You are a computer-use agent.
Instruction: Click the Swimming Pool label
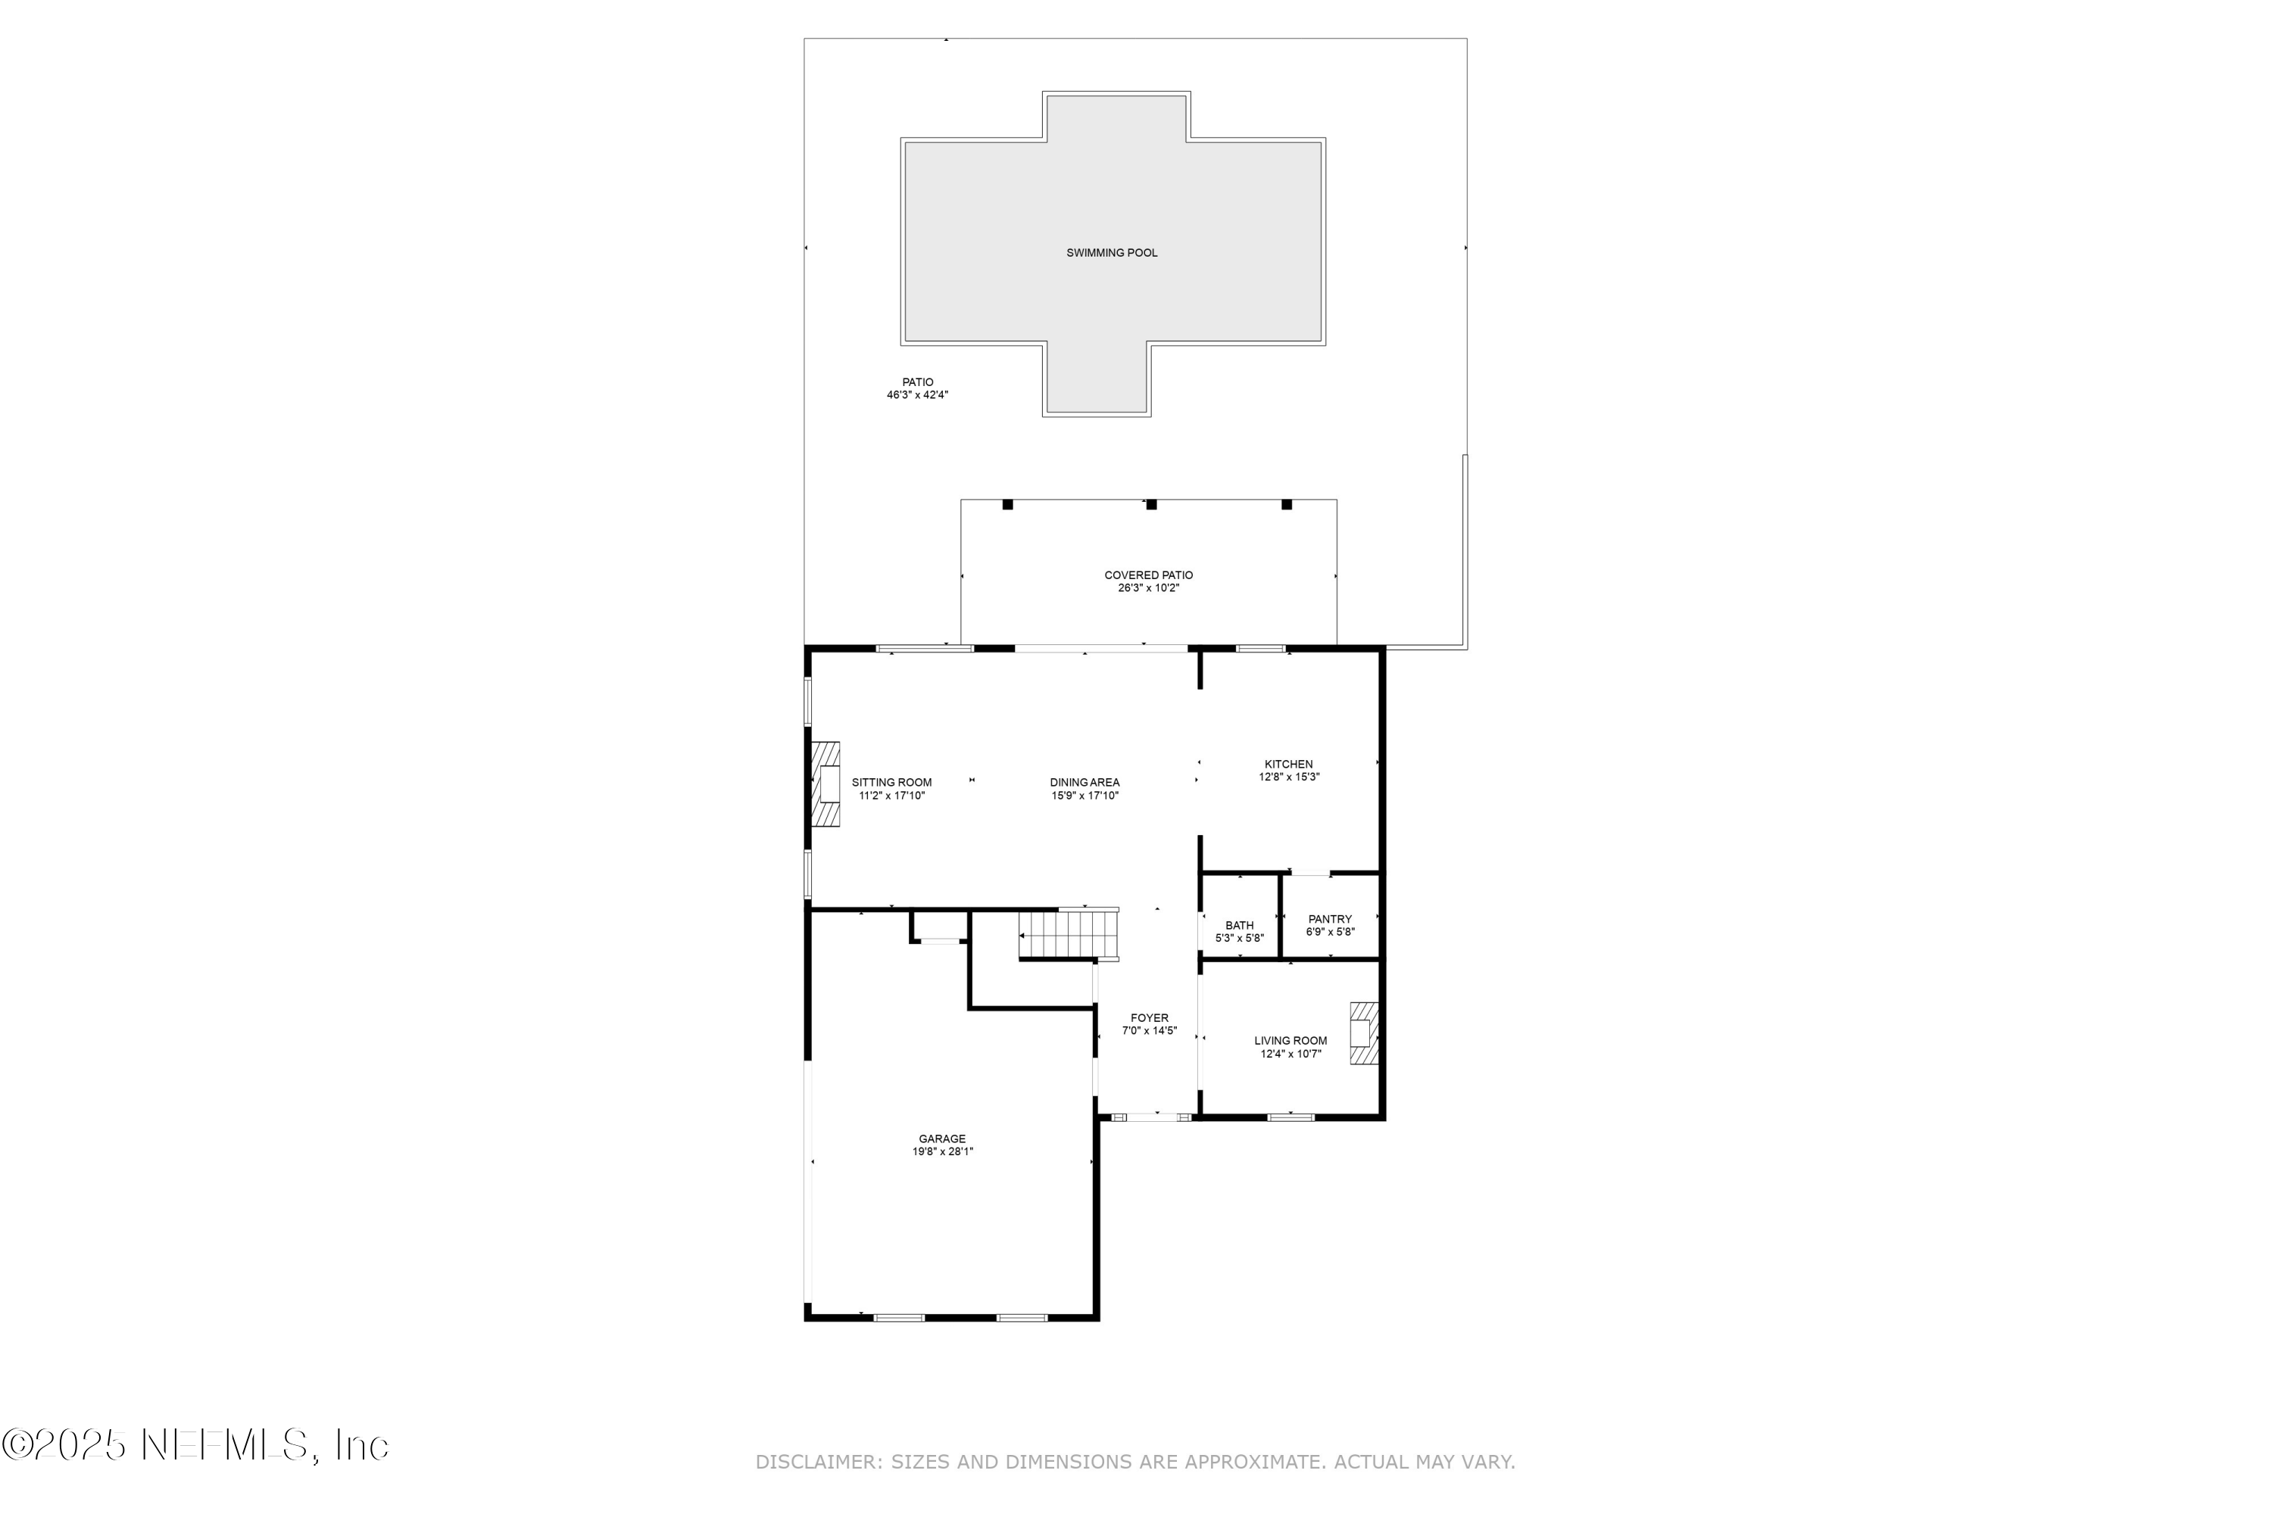[x=1111, y=253]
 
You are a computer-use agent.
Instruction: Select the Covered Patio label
[x=1149, y=575]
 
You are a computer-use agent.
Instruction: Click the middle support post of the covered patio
[x=1150, y=504]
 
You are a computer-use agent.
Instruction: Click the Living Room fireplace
[x=1363, y=1033]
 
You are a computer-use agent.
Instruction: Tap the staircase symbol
[x=1069, y=936]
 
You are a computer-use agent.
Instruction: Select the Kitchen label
[x=1289, y=765]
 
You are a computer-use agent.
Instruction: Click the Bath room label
[x=1239, y=925]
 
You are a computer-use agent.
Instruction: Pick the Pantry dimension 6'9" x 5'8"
[x=1330, y=932]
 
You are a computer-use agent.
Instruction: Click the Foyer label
[x=1150, y=1017]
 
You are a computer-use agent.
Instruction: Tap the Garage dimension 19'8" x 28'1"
[x=942, y=1152]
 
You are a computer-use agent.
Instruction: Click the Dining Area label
[x=1085, y=782]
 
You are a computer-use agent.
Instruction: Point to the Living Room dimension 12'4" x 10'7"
[x=1290, y=1054]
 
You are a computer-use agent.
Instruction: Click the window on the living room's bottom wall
[x=1290, y=1117]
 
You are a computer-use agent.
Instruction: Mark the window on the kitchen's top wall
[x=1261, y=648]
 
